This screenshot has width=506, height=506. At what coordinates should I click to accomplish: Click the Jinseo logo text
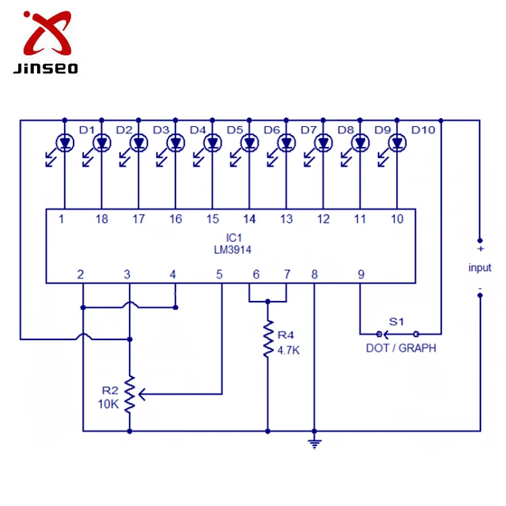45,67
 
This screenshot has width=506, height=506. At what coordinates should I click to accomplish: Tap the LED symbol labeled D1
65,143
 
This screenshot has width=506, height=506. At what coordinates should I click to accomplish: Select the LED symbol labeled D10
398,143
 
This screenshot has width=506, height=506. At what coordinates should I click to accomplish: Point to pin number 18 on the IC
102,219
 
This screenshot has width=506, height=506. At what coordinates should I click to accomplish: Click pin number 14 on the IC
250,219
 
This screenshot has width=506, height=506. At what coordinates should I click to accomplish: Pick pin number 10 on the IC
397,219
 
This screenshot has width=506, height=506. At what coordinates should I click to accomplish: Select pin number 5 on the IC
219,274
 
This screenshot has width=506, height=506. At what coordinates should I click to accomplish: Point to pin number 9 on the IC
361,274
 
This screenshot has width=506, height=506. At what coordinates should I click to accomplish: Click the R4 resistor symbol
268,341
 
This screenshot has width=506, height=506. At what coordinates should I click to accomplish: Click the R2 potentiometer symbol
129,394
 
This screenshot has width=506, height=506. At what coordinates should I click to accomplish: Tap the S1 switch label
396,322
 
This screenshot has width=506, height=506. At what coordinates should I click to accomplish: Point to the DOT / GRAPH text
401,348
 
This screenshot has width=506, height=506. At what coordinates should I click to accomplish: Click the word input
480,268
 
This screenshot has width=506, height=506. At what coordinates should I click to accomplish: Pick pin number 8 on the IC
314,274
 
